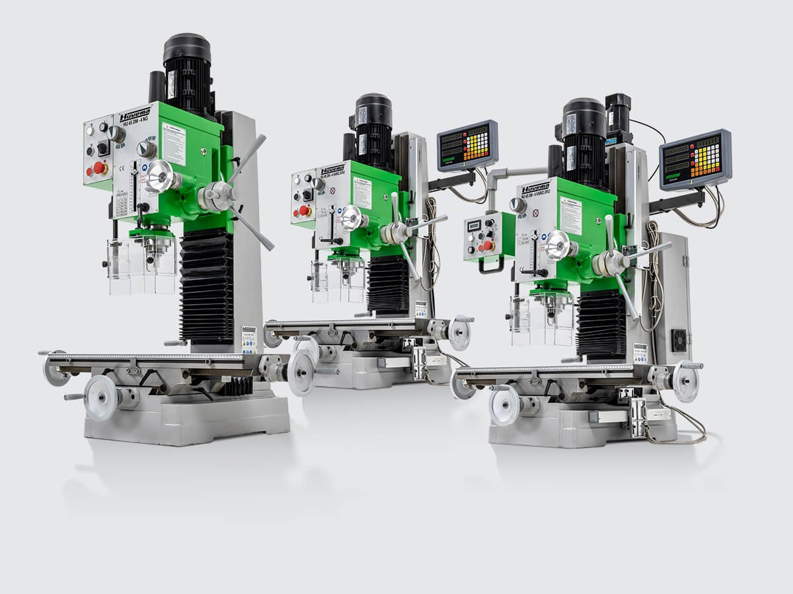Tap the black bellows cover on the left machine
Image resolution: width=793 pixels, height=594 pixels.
click(206, 284)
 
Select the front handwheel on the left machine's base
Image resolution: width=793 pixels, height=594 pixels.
click(101, 398)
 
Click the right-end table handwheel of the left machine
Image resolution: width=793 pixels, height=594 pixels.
click(301, 372)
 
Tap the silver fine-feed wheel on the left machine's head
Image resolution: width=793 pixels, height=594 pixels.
click(160, 177)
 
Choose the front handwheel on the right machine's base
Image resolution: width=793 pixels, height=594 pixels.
click(505, 404)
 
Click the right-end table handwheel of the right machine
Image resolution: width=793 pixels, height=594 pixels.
click(685, 381)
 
